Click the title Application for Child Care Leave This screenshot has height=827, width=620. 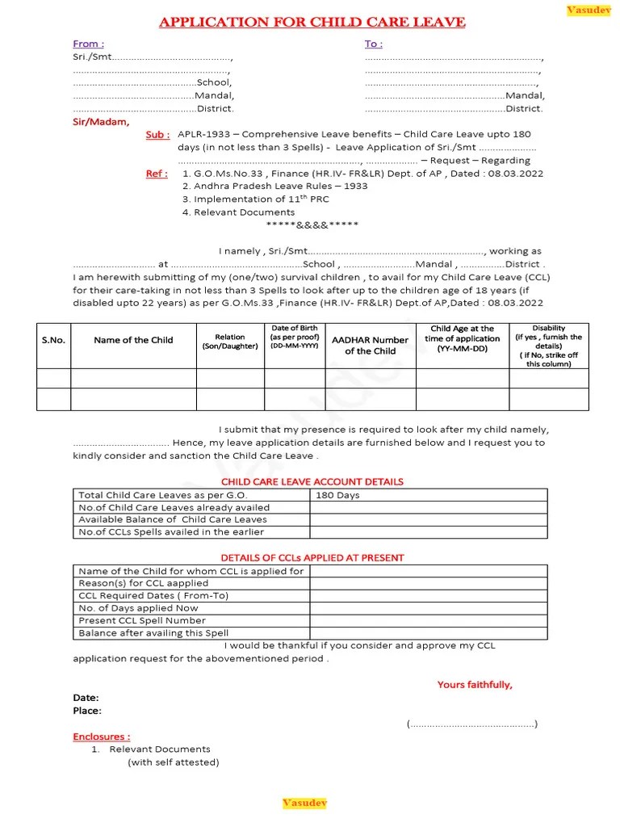pyautogui.click(x=312, y=22)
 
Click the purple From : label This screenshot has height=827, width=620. pyautogui.click(x=88, y=44)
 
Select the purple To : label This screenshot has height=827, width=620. pyautogui.click(x=374, y=44)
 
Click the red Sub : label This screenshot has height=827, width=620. pyautogui.click(x=157, y=135)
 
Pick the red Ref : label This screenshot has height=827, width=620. pyautogui.click(x=157, y=173)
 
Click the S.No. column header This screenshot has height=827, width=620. pyautogui.click(x=53, y=340)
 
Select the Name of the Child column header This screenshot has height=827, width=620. pyautogui.click(x=133, y=340)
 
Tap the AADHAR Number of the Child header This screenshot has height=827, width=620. pyautogui.click(x=370, y=346)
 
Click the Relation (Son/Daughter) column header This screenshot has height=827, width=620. pyautogui.click(x=230, y=342)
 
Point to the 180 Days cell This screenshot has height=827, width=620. pyautogui.click(x=337, y=495)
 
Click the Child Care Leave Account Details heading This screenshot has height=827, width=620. pyautogui.click(x=312, y=481)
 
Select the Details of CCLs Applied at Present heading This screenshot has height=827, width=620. pyautogui.click(x=312, y=557)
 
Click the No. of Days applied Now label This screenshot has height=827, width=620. pyautogui.click(x=138, y=608)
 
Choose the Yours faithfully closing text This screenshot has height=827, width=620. pyautogui.click(x=475, y=685)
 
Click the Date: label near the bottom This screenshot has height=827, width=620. pyautogui.click(x=86, y=697)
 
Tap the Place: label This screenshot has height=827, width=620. pyautogui.click(x=87, y=711)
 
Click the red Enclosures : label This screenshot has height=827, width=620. pyautogui.click(x=101, y=737)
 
